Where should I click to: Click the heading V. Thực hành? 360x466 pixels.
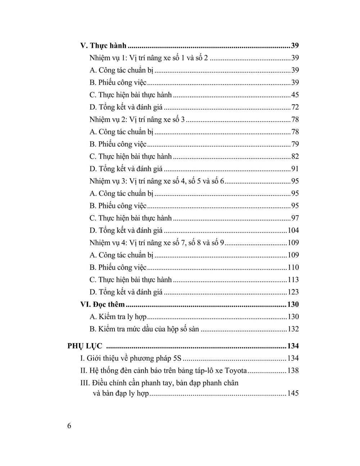click(103, 46)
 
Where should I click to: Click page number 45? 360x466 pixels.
click(295, 95)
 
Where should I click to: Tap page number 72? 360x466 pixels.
click(295, 107)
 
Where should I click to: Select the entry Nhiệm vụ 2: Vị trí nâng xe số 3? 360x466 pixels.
click(137, 120)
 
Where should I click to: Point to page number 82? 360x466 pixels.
click(295, 157)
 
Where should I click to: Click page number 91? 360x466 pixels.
click(295, 169)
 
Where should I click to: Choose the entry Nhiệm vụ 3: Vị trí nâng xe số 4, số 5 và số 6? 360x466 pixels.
click(157, 181)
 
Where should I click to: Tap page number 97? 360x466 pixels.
click(295, 218)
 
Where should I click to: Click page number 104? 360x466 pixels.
click(293, 230)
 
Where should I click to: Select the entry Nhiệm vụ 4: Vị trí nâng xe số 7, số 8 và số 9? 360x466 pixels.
click(157, 243)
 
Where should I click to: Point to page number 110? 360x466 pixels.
click(293, 268)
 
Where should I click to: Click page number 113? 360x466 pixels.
click(293, 280)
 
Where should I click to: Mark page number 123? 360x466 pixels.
click(293, 292)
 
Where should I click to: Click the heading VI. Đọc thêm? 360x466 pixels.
click(102, 305)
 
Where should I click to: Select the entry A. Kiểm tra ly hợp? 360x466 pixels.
click(118, 317)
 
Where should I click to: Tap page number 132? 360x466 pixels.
click(293, 329)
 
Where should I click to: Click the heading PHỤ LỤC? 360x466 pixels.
click(85, 346)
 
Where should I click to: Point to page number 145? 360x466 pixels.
click(293, 393)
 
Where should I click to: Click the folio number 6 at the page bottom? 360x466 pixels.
click(69, 426)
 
